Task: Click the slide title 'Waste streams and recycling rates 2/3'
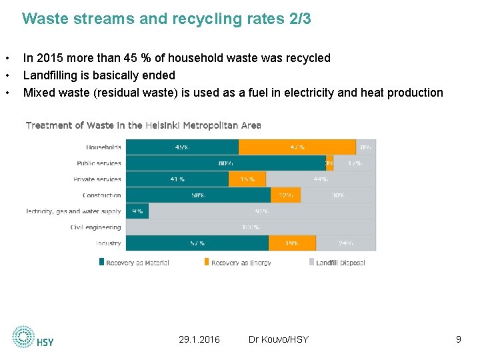click(166, 19)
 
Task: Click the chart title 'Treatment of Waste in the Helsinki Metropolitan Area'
click(143, 125)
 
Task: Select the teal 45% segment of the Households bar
click(182, 147)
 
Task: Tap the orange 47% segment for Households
click(297, 147)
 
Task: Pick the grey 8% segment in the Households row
click(366, 147)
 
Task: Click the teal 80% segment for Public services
click(225, 163)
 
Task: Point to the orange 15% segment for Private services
click(247, 179)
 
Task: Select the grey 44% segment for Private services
click(321, 179)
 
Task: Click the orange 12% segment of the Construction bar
click(285, 195)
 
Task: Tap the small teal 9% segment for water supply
click(137, 211)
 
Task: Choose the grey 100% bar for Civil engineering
click(251, 227)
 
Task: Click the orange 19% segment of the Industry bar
click(292, 243)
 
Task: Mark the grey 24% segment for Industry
click(346, 243)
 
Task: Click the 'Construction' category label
click(102, 195)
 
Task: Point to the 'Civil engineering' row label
click(96, 228)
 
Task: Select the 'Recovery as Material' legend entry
click(133, 263)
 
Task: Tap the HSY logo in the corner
click(33, 337)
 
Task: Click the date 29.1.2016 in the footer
click(199, 340)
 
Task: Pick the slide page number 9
click(458, 340)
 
